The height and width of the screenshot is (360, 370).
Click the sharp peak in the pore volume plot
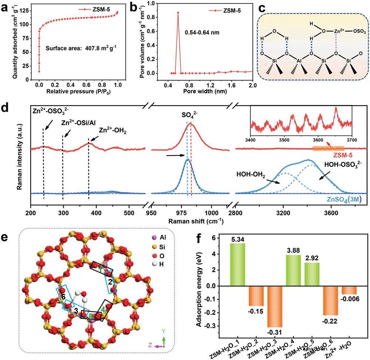click(x=178, y=13)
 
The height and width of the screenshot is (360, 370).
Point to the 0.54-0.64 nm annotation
click(x=202, y=32)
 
